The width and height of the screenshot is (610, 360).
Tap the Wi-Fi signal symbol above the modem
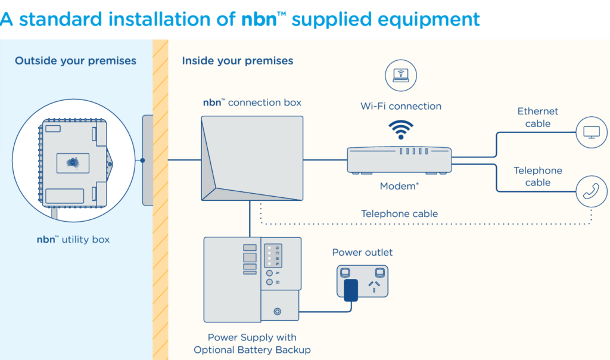(x=401, y=129)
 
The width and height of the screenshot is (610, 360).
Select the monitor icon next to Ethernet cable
(x=592, y=132)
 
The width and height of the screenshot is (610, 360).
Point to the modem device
(x=400, y=160)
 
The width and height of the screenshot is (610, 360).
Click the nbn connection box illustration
(x=252, y=158)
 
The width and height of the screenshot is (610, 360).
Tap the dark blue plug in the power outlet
(x=351, y=289)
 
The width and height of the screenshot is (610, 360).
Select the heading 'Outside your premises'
(x=76, y=61)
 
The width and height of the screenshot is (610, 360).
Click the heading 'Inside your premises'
(x=238, y=61)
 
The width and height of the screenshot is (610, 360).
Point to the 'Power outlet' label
(x=362, y=252)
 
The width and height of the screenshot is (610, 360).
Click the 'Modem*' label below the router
(x=399, y=187)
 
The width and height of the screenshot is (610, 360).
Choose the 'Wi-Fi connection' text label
(x=401, y=106)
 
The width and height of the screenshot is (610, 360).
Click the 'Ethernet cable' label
(x=538, y=117)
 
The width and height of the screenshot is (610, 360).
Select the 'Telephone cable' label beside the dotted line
(x=399, y=213)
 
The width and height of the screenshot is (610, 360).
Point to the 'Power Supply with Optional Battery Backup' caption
(x=252, y=344)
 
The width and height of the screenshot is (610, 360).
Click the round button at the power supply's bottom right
(x=277, y=311)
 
